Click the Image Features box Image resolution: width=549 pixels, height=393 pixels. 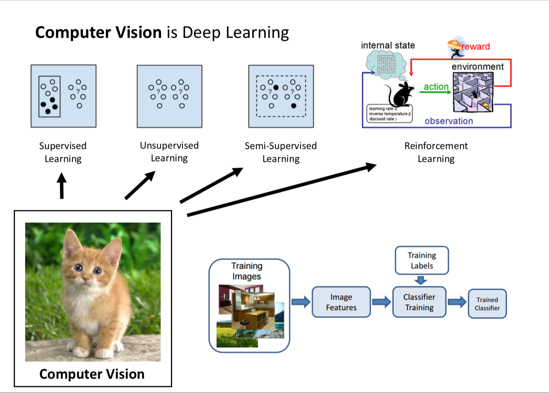pos(341,302)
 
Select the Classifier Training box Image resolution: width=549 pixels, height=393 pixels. pos(419,302)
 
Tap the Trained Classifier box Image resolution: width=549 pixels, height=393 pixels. pos(487,304)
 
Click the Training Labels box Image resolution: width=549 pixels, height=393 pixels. pos(422,260)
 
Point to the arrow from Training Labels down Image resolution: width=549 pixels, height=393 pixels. pos(420,281)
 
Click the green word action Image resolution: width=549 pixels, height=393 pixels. pos(436,86)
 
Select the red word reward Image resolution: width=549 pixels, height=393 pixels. pos(476,46)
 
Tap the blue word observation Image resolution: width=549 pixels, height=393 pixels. pos(448,121)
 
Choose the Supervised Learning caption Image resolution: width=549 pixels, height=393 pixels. pos(63,152)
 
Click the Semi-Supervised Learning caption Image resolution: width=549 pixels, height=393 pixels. pos(281,152)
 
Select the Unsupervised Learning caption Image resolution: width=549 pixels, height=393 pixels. pos(169,152)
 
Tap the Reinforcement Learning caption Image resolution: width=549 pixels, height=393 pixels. pos(436,152)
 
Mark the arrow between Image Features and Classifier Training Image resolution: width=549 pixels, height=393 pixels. pos(381,302)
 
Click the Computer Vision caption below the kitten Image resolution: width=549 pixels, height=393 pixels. pos(92,374)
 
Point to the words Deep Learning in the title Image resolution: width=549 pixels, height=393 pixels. pos(236,33)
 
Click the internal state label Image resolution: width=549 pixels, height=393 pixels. pos(388,45)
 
